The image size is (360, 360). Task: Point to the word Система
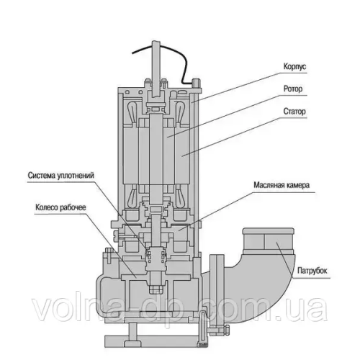click(x=45, y=174)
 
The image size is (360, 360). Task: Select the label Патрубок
click(x=312, y=270)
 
